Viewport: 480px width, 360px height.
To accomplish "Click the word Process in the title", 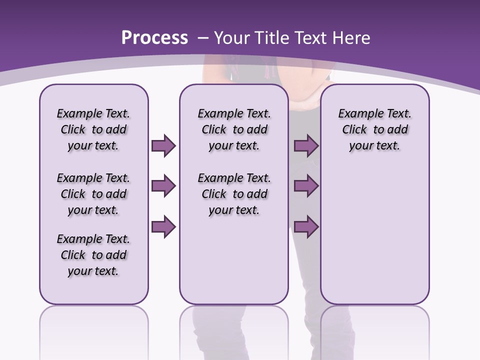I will coord(154,38).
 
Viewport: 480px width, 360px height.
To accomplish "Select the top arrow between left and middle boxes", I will coord(163,146).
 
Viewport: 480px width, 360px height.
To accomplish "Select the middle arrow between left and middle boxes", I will coord(163,186).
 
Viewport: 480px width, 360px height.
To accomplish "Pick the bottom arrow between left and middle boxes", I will coord(163,227).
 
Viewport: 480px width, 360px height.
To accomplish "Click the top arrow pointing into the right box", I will coord(306,146).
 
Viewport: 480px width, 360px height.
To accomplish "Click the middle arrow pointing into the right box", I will coord(306,186).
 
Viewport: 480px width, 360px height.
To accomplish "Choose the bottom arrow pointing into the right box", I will coord(306,227).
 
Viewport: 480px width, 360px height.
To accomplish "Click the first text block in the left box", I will coord(93,129).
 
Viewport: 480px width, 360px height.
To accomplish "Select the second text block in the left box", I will coord(93,194).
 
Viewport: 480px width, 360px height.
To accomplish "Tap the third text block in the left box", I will coord(93,255).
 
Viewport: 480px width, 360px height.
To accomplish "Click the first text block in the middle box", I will coord(234,129).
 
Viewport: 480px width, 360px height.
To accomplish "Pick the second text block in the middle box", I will coord(234,194).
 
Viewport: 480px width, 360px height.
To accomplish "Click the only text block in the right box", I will coord(374,129).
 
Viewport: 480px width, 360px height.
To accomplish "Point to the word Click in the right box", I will coord(354,129).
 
